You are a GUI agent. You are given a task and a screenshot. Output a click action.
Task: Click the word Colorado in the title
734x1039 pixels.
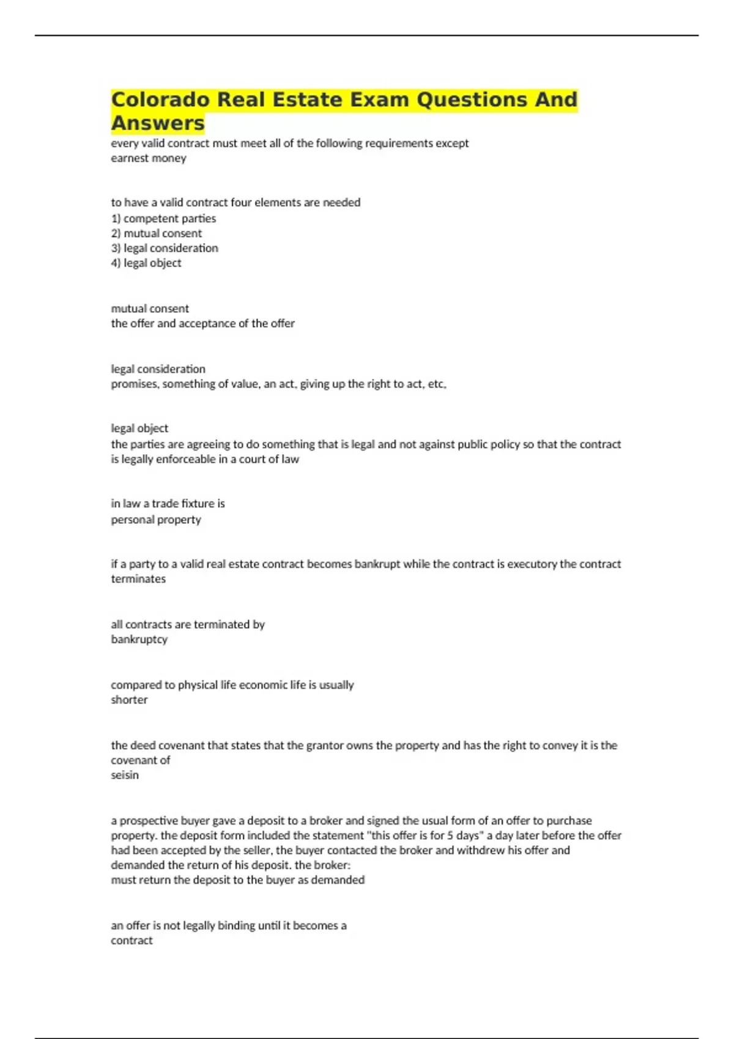(x=160, y=100)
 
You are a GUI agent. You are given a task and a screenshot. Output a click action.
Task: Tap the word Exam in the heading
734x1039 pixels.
(x=377, y=100)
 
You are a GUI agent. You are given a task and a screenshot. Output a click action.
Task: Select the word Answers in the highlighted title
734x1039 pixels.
(x=158, y=123)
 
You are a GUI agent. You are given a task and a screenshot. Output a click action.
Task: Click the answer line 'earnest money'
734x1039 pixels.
(x=149, y=158)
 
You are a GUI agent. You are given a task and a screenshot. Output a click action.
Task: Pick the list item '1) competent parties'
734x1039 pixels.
(x=163, y=218)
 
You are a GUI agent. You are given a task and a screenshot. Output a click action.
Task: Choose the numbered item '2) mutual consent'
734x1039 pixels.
(x=156, y=233)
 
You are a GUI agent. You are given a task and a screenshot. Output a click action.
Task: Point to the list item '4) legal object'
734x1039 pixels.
(x=146, y=263)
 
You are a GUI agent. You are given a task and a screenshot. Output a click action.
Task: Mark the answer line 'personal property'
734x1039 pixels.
(x=156, y=519)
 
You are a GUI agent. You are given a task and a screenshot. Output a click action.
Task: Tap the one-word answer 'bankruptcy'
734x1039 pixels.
(x=139, y=639)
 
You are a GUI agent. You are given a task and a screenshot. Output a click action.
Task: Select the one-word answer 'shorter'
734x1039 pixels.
(x=129, y=700)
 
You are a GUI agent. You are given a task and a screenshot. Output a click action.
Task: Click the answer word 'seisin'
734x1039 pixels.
(x=125, y=775)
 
